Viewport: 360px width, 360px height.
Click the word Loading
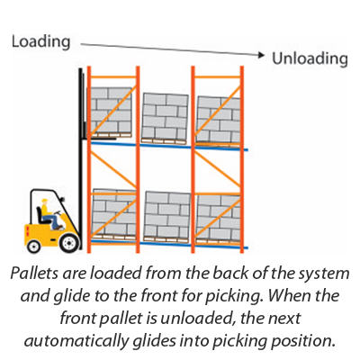[x=40, y=42]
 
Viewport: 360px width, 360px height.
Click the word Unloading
[x=310, y=58]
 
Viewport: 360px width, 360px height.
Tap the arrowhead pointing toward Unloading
[x=262, y=55]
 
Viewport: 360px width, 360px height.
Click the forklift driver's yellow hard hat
[x=45, y=201]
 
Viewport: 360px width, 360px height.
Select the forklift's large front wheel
[x=69, y=242]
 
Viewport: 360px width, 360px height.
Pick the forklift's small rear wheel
[x=33, y=247]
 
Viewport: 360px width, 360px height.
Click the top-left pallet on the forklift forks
[x=110, y=112]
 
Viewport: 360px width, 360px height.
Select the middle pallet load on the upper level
[x=165, y=119]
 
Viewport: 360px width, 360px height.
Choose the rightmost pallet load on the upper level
[x=218, y=121]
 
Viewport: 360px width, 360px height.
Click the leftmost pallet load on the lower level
[x=114, y=214]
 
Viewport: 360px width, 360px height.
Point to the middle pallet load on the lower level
[x=166, y=217]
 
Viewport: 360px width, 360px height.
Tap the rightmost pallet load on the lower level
[x=219, y=220]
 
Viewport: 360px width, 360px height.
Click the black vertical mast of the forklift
[x=80, y=158]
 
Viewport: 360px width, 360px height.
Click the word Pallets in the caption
[x=33, y=274]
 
